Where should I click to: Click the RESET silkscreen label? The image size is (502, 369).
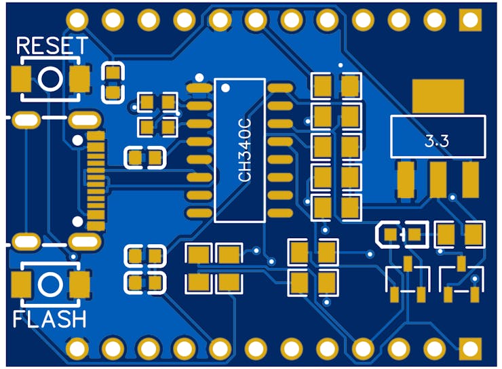(52, 46)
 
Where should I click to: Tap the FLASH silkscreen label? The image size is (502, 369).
(50, 319)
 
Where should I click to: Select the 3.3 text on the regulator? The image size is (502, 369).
(437, 142)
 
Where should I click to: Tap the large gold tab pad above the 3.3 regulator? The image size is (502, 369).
(438, 96)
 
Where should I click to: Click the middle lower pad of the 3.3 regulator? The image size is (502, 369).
(438, 178)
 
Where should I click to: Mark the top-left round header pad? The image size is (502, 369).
(77, 19)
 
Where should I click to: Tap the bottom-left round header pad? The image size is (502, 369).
(77, 349)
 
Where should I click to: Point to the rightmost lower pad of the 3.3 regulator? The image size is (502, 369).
(470, 178)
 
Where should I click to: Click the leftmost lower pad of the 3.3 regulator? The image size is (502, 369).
(406, 178)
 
